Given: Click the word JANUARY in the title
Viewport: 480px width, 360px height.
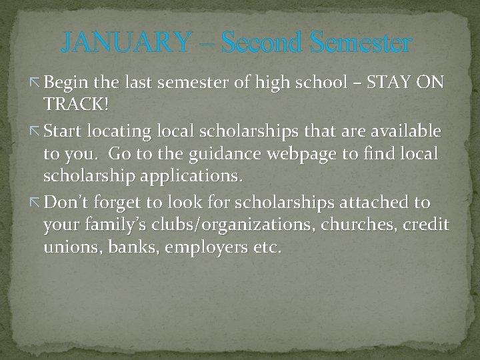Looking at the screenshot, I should pyautogui.click(x=126, y=43).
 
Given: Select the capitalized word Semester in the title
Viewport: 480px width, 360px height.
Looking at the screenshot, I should pyautogui.click(x=361, y=43).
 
